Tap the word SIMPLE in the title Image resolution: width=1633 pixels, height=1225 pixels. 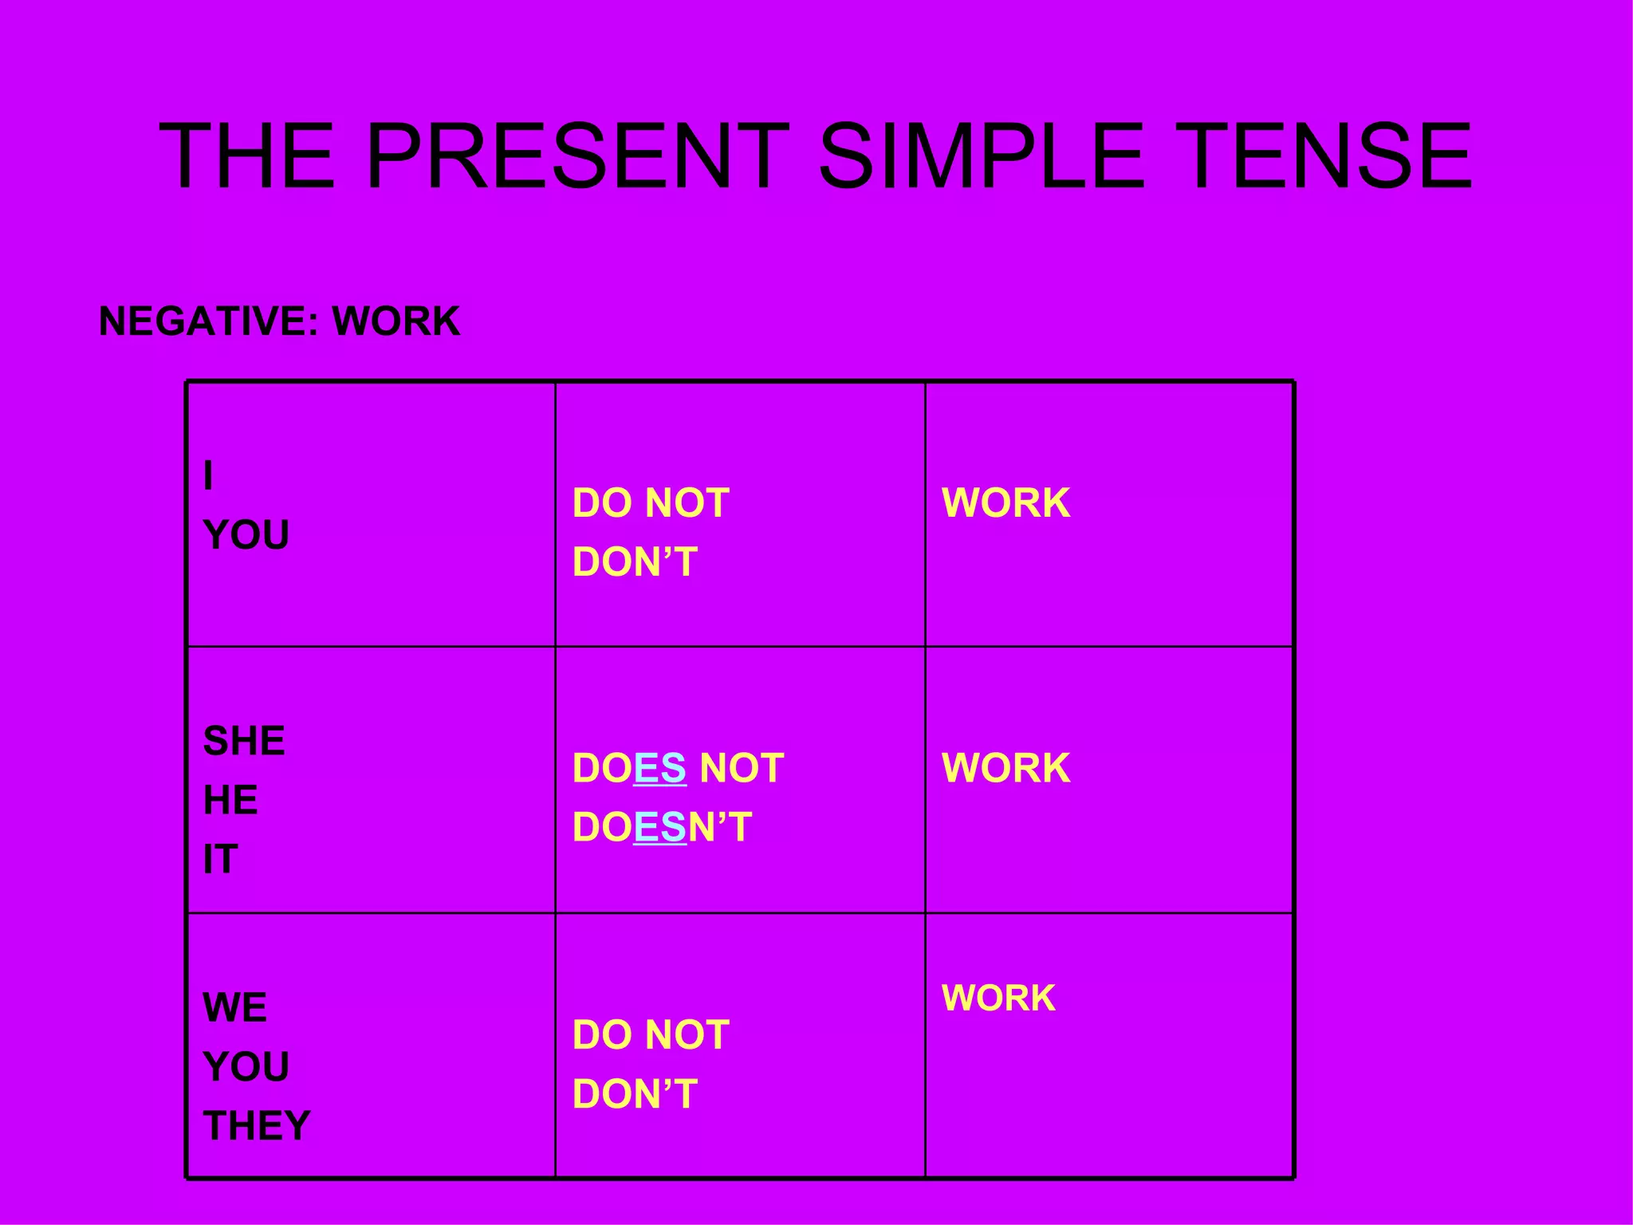click(x=981, y=156)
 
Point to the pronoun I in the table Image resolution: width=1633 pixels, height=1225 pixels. click(x=208, y=475)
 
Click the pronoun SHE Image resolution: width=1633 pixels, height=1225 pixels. click(x=244, y=741)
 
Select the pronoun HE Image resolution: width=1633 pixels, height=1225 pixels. click(x=230, y=800)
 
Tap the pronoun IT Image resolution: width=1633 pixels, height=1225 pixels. click(x=220, y=859)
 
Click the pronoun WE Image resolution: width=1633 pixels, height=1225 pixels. click(x=234, y=1007)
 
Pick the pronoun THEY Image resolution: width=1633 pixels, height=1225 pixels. click(x=257, y=1125)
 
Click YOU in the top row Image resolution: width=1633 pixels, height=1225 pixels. click(x=246, y=534)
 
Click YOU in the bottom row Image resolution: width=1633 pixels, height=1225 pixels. click(x=246, y=1066)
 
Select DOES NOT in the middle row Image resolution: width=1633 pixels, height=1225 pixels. click(x=678, y=768)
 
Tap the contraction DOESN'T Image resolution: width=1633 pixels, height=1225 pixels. click(x=662, y=827)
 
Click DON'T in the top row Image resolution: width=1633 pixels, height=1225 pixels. click(x=635, y=561)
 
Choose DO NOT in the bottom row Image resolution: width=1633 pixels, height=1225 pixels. click(x=651, y=1034)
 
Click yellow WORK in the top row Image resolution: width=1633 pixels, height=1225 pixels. click(x=1005, y=503)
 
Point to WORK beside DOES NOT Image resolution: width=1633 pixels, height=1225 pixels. click(x=1005, y=768)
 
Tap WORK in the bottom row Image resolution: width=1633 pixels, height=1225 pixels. click(x=998, y=998)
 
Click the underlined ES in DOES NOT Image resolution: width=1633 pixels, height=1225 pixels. click(x=659, y=768)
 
